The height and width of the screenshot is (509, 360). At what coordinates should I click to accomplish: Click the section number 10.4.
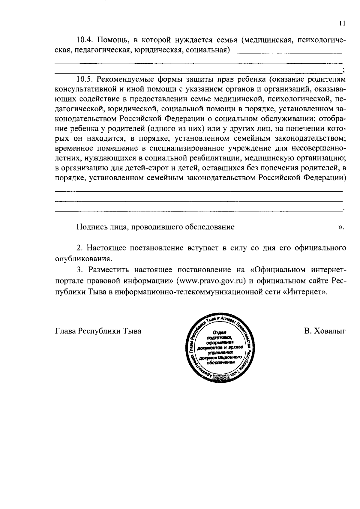click(85, 40)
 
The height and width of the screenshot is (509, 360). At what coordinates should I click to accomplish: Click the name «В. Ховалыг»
click(325, 331)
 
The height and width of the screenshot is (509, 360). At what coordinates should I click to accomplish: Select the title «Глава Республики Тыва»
click(98, 331)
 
